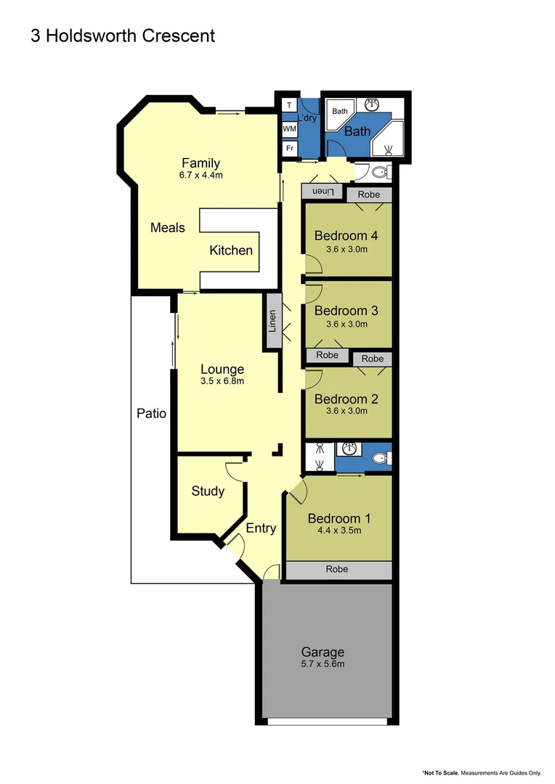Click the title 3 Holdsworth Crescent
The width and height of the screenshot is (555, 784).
tap(123, 36)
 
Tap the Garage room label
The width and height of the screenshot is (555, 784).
tap(324, 652)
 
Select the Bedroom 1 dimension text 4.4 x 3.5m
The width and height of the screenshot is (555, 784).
tap(339, 531)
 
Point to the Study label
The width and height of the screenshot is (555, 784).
tap(208, 491)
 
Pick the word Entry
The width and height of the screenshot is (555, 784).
tap(261, 528)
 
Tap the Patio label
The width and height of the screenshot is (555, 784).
tap(152, 414)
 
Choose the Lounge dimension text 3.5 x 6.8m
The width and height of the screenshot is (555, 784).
tap(222, 381)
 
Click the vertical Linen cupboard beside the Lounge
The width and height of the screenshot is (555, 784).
tap(272, 321)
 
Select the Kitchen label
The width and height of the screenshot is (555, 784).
tap(231, 250)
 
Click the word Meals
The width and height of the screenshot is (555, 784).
tap(168, 227)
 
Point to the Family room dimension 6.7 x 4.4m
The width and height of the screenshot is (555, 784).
tap(200, 176)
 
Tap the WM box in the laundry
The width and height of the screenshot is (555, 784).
tap(289, 128)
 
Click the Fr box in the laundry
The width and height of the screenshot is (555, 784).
tap(289, 147)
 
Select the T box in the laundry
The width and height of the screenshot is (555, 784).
tap(289, 105)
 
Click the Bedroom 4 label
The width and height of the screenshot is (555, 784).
tap(346, 235)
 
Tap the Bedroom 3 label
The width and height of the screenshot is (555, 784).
tap(346, 311)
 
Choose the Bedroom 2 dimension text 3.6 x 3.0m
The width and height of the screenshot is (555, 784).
tap(346, 411)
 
